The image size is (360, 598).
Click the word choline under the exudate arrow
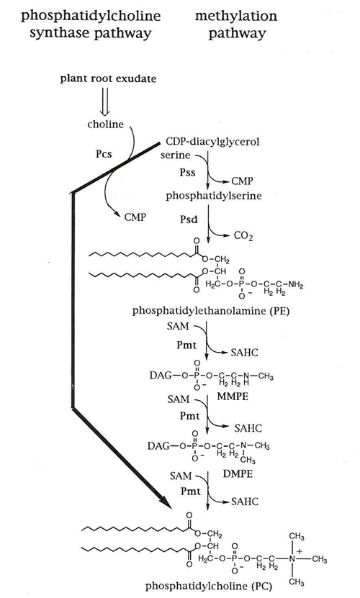pyautogui.click(x=105, y=124)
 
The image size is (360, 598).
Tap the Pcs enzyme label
pyautogui.click(x=104, y=154)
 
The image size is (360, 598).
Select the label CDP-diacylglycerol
pyautogui.click(x=212, y=142)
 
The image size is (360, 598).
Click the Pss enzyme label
pyautogui.click(x=187, y=173)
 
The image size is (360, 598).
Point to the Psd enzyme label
pyautogui.click(x=189, y=219)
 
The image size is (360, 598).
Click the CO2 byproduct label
pyautogui.click(x=243, y=236)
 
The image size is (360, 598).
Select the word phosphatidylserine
pyautogui.click(x=214, y=196)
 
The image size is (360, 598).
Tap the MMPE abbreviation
pyautogui.click(x=233, y=397)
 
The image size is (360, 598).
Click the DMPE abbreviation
pyautogui.click(x=238, y=474)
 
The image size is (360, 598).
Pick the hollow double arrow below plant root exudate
pyautogui.click(x=105, y=101)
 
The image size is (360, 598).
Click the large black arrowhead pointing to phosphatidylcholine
pyautogui.click(x=164, y=500)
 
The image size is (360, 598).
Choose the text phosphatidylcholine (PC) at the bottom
pyautogui.click(x=209, y=586)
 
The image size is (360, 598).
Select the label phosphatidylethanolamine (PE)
pyautogui.click(x=211, y=311)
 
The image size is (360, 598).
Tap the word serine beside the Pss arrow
pyautogui.click(x=175, y=155)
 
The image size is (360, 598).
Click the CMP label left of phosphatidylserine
pyautogui.click(x=135, y=217)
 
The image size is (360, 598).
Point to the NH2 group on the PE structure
pyautogui.click(x=295, y=284)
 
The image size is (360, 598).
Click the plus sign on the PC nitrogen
pyautogui.click(x=300, y=551)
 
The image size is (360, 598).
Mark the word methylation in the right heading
pyautogui.click(x=236, y=16)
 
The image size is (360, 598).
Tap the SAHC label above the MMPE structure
pyautogui.click(x=244, y=353)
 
